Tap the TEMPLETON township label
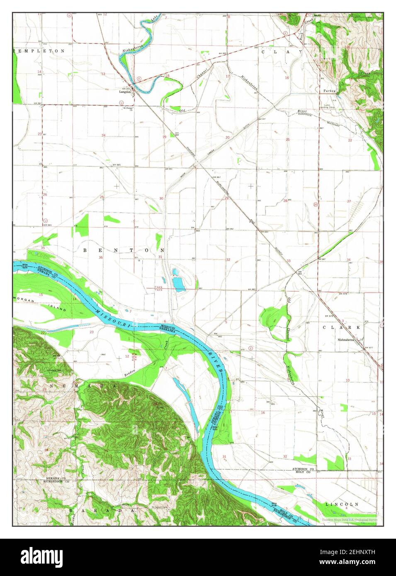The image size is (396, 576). [39, 51]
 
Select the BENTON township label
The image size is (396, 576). [124, 250]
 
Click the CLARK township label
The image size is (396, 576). [341, 327]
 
